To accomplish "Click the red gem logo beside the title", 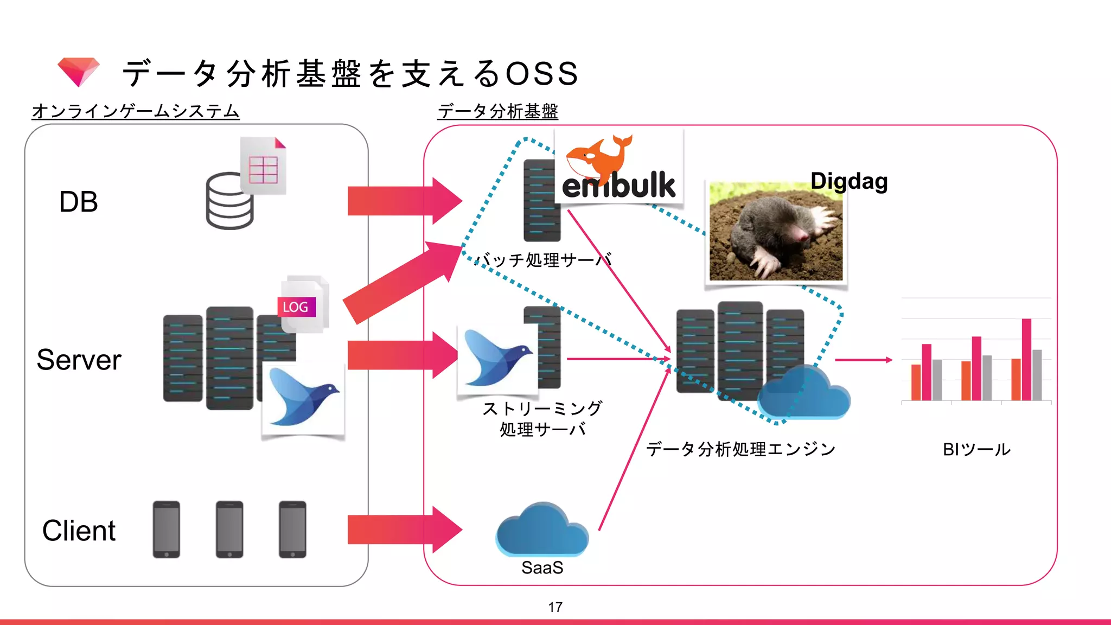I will click(79, 71).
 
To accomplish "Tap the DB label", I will click(79, 202).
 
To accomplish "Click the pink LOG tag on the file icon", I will click(296, 307).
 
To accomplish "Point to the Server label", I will click(79, 360).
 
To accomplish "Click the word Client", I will click(79, 531).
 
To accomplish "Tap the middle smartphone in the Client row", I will click(229, 529).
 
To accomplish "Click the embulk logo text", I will click(618, 186).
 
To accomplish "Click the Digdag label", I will click(849, 181).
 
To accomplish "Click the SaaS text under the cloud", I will click(542, 567).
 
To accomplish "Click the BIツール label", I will click(976, 449).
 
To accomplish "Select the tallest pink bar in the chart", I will click(1026, 359).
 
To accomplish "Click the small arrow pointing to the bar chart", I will click(864, 360).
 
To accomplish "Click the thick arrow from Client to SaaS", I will click(404, 530).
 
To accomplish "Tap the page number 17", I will click(555, 607).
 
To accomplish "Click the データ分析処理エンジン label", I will click(740, 449).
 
